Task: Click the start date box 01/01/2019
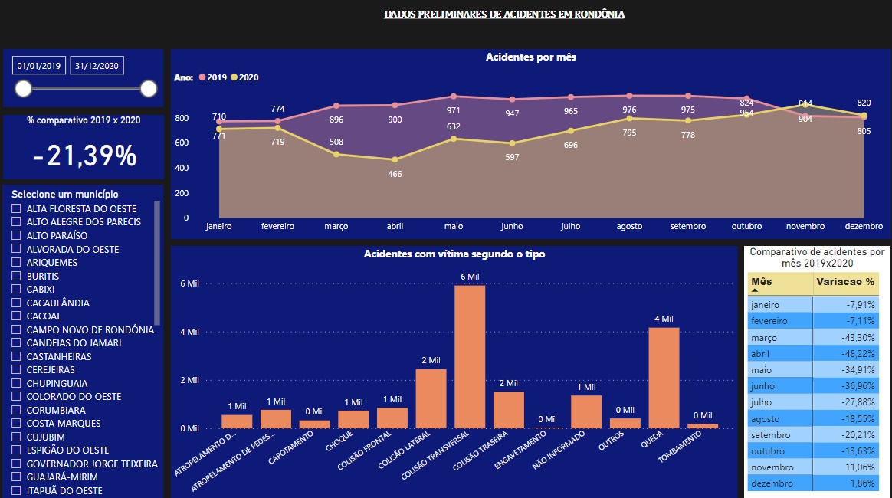(x=39, y=66)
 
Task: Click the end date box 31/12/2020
(x=96, y=66)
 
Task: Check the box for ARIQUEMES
(x=16, y=263)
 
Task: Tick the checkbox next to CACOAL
(x=16, y=316)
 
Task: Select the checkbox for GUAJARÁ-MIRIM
(x=16, y=477)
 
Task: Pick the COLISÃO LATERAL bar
(x=431, y=398)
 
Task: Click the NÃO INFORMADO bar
(x=586, y=411)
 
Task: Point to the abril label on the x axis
(x=395, y=227)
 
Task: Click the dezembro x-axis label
(x=864, y=227)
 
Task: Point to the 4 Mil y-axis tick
(x=189, y=332)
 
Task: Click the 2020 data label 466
(x=395, y=174)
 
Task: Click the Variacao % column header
(x=844, y=282)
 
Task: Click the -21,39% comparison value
(x=84, y=156)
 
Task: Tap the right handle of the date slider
(x=149, y=89)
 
